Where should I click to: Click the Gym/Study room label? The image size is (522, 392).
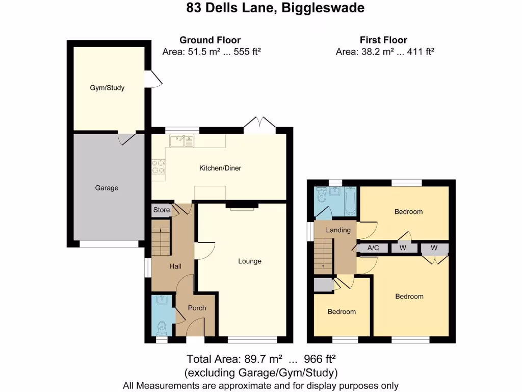tap(107, 88)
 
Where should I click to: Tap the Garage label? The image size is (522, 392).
tap(107, 188)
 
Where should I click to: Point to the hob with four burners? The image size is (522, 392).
tap(158, 167)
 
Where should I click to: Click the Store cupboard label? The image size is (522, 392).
tap(162, 210)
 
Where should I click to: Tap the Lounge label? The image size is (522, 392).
tap(250, 261)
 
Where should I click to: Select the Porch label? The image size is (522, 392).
tap(197, 308)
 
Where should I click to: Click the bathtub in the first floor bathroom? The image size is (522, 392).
tap(350, 201)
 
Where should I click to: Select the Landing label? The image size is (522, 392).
tap(338, 230)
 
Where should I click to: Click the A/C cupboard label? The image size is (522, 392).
tap(373, 248)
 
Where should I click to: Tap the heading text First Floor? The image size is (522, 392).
tap(383, 40)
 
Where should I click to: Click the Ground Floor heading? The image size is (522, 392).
tap(210, 40)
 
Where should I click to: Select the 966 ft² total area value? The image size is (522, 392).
tap(320, 358)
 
